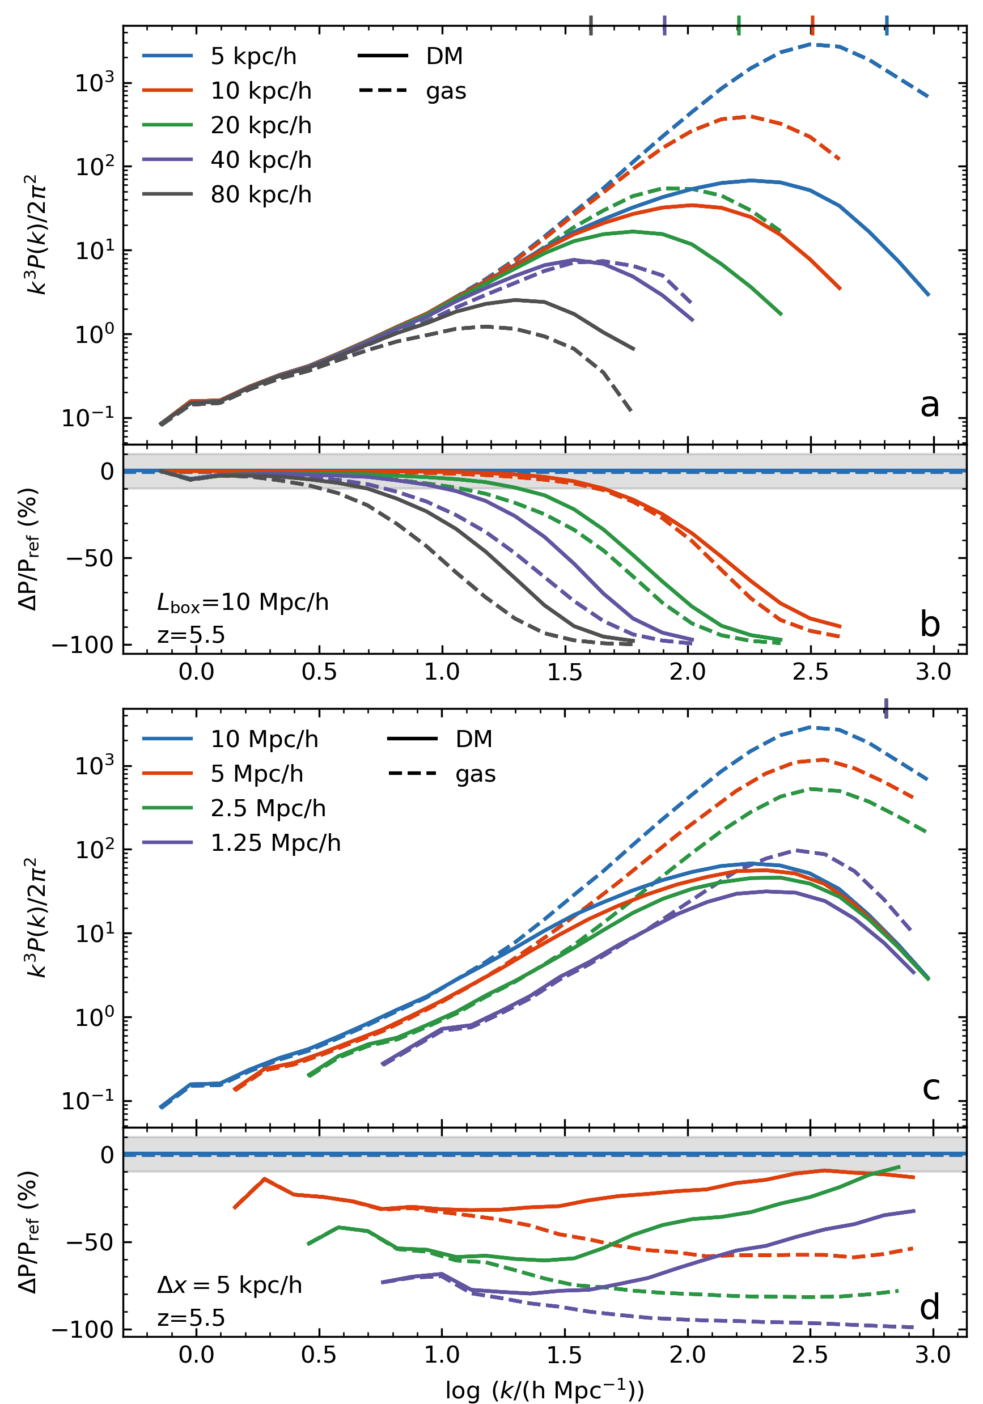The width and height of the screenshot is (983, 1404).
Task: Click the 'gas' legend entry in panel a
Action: tap(446, 91)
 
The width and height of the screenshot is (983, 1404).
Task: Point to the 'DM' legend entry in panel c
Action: tap(473, 739)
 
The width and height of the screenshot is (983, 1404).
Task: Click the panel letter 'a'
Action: tap(929, 405)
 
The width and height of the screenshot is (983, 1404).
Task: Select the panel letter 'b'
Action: tap(929, 623)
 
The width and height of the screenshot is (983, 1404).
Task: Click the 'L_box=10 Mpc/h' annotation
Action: tap(243, 603)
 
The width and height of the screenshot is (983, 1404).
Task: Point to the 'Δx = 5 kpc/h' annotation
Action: tap(230, 1286)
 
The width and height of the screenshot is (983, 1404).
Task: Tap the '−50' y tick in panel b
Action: tap(90, 558)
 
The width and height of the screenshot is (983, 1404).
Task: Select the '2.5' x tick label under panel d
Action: tap(810, 1355)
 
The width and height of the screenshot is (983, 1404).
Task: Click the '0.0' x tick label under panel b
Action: tap(196, 672)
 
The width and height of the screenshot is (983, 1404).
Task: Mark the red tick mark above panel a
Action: tap(812, 25)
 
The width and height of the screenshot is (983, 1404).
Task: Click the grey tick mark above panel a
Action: tap(590, 25)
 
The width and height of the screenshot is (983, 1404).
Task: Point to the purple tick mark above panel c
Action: tap(885, 708)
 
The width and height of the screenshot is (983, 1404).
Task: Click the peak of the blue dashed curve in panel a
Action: tap(815, 44)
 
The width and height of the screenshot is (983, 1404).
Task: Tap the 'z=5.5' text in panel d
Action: tap(191, 1318)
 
